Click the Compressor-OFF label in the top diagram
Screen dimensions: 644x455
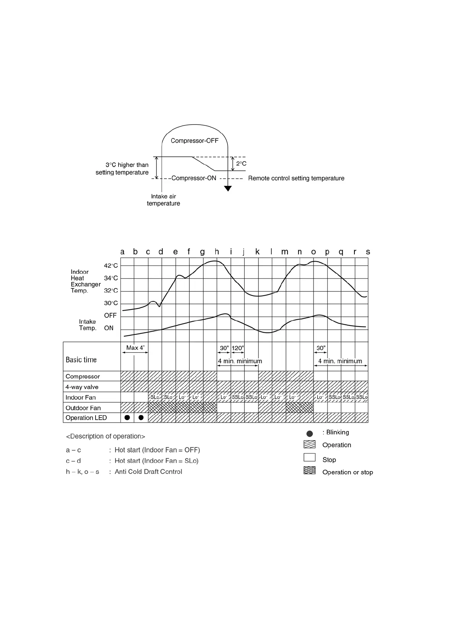[194, 141]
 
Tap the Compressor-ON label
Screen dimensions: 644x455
[194, 178]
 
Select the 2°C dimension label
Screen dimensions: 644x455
[241, 164]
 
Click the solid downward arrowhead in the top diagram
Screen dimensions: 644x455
[228, 188]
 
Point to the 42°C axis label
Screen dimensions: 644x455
[111, 266]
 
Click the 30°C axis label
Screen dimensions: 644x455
[111, 303]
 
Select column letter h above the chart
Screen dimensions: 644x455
[217, 252]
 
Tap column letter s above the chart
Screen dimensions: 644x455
[368, 252]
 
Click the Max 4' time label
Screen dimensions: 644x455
[135, 348]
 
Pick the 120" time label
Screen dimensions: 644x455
[238, 348]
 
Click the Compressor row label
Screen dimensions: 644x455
[83, 377]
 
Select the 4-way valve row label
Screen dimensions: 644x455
[82, 387]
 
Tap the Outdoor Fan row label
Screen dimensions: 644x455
[83, 408]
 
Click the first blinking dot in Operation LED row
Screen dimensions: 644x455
[127, 418]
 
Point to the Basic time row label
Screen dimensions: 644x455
[81, 360]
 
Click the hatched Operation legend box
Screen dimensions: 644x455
[309, 444]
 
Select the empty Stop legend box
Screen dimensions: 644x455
[309, 457]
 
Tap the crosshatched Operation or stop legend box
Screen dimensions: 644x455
[309, 470]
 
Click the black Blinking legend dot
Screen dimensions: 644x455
[310, 434]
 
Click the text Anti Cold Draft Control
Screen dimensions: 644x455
[148, 472]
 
